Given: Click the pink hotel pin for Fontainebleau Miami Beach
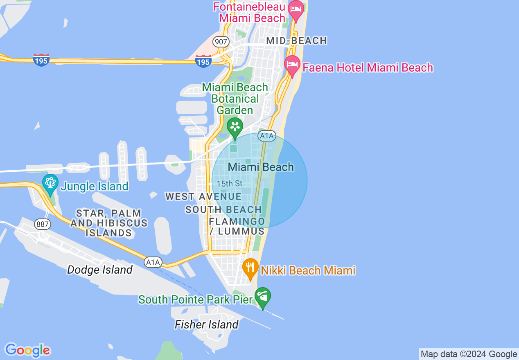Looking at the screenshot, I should click(296, 10).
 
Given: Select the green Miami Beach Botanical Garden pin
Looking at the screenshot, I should click(235, 127).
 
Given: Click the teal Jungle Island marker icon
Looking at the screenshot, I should click(50, 184).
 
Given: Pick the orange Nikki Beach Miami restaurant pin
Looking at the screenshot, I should click(250, 268).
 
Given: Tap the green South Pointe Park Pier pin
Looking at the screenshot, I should click(262, 297).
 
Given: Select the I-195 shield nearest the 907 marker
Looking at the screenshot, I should click(203, 61).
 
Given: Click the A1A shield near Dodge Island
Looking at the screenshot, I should click(153, 262).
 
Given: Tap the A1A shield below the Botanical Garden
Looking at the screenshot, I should click(266, 136).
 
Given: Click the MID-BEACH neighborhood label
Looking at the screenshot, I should click(296, 40).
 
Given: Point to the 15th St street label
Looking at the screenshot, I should click(230, 184).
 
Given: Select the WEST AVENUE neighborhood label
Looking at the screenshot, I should click(203, 197).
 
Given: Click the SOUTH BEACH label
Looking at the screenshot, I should click(223, 210).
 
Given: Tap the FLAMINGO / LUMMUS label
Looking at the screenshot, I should click(237, 226).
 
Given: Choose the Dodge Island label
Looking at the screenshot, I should click(100, 270).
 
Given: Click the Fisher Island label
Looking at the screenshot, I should click(206, 324).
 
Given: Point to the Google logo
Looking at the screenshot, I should click(27, 350).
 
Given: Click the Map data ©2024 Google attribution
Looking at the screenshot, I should click(469, 354).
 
